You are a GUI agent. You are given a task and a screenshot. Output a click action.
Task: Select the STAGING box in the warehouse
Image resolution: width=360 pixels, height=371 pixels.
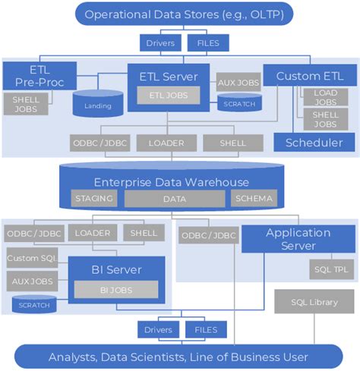coord(94,199)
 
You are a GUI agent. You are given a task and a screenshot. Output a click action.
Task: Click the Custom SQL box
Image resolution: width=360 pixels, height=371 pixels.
coord(32,259)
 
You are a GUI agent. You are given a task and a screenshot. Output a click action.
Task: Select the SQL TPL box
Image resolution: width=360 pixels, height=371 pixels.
coord(329,269)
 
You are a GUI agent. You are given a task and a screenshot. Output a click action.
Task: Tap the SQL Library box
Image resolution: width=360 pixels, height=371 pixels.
coord(314,303)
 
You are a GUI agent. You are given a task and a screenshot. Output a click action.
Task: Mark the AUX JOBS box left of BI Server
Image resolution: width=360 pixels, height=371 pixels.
coord(32,281)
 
